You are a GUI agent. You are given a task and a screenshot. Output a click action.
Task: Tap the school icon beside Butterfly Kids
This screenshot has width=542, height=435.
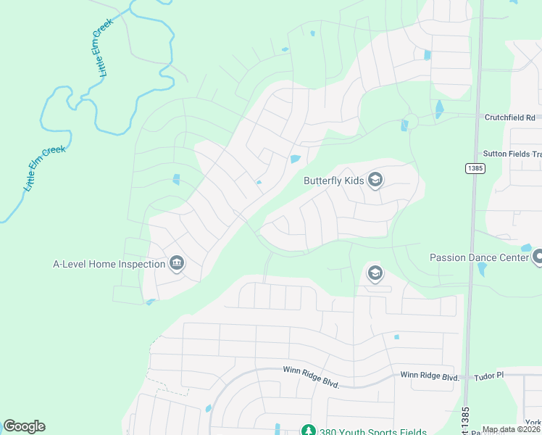[375, 179]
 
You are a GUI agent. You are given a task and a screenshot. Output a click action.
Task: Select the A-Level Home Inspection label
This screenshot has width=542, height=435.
[109, 264]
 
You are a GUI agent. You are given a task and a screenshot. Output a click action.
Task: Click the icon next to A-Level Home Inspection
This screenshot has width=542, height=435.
[177, 264]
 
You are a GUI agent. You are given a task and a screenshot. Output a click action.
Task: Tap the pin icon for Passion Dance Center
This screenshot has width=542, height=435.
[537, 257]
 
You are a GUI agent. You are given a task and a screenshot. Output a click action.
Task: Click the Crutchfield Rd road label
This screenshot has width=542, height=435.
[509, 117]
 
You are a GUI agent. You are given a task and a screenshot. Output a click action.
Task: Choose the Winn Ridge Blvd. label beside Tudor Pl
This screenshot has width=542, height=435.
[430, 377]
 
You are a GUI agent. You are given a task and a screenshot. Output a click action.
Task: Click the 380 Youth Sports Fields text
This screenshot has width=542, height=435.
[364, 430]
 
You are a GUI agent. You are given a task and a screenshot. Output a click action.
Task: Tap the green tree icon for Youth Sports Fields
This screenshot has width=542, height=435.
[308, 430]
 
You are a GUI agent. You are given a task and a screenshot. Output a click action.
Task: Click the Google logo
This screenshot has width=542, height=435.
[24, 426]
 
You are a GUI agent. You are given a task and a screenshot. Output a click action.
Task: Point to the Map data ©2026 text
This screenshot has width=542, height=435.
[511, 429]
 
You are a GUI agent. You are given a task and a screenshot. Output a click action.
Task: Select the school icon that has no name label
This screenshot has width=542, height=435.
[375, 273]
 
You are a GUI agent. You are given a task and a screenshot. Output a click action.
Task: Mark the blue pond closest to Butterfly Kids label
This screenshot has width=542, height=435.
[295, 159]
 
